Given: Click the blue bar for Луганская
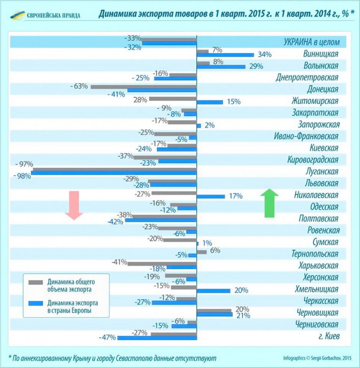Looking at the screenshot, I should click(x=114, y=174).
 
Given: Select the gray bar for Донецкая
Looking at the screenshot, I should click(x=143, y=86).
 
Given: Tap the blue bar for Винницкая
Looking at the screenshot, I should click(x=225, y=55).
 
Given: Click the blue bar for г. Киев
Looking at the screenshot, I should click(x=157, y=338).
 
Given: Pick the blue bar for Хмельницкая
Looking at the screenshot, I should click(x=213, y=291).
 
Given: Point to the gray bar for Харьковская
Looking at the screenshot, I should click(x=162, y=264).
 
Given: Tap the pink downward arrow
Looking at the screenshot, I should click(x=73, y=205).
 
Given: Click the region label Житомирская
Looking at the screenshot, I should click(x=315, y=101).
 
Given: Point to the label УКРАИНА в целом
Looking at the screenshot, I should click(x=311, y=42).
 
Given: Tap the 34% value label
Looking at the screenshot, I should click(x=264, y=55).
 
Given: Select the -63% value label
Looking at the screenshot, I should click(x=79, y=86).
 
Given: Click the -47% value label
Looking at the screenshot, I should click(x=107, y=338).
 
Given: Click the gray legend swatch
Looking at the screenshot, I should click(x=35, y=282).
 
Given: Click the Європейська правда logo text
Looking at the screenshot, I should click(x=53, y=15).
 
